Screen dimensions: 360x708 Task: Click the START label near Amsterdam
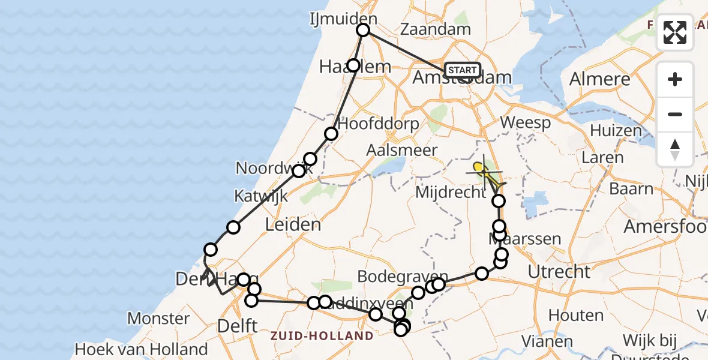tap(463, 70)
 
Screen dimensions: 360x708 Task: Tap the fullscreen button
tap(675, 32)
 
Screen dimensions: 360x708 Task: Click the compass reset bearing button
tap(675, 149)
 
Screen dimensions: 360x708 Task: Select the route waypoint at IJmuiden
tap(363, 31)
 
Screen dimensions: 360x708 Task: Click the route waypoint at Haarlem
tap(354, 65)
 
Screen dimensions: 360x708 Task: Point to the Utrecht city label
tap(559, 272)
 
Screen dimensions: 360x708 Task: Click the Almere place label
tap(599, 79)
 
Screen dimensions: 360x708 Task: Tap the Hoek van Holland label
tap(141, 349)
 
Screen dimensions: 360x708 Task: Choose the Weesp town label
tap(525, 123)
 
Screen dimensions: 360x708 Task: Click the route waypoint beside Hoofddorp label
tap(331, 134)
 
